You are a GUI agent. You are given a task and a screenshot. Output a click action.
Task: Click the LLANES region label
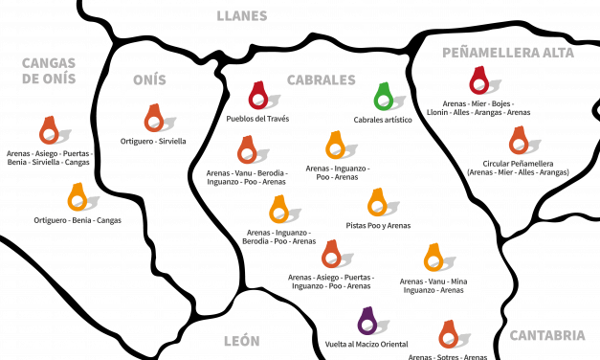[242, 16]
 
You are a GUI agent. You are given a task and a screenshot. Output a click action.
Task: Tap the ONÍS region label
[149, 79]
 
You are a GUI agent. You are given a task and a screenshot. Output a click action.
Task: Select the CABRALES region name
[321, 80]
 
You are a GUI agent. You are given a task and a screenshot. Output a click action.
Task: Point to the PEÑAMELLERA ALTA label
[508, 53]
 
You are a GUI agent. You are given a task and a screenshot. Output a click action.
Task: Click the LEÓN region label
[241, 341]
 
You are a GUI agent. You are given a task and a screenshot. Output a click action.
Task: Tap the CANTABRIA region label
[547, 335]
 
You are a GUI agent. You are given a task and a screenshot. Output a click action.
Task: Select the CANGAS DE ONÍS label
[49, 71]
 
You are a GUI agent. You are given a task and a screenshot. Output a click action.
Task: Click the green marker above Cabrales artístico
[384, 97]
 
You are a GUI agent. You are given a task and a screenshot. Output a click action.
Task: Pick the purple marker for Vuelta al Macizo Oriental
[367, 321]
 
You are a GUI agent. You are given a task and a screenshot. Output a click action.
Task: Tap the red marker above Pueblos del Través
[258, 96]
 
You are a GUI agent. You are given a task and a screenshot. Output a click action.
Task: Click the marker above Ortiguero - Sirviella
[154, 118]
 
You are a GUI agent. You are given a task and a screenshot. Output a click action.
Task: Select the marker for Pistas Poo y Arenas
[377, 202]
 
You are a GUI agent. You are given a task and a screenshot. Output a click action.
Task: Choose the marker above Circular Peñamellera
[519, 141]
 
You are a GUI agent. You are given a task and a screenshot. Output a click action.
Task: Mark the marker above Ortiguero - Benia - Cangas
[78, 197]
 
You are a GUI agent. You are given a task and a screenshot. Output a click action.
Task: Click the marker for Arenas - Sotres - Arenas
[449, 334]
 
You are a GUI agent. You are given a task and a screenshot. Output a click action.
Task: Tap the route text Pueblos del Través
[257, 119]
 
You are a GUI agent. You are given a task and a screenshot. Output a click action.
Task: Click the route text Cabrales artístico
[383, 120]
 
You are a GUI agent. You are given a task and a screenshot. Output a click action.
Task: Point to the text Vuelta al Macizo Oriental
[367, 345]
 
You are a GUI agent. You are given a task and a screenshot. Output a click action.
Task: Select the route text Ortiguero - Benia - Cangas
[78, 220]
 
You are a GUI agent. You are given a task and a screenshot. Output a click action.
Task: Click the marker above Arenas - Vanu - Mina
[433, 258]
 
